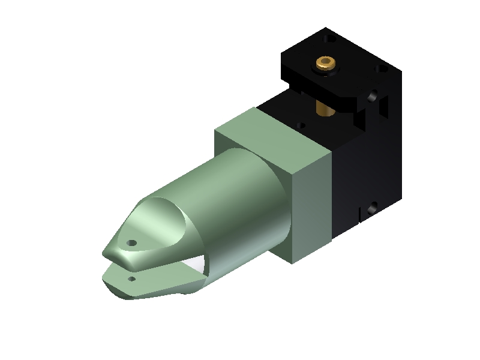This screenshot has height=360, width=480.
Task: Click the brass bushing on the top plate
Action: pyautogui.click(x=325, y=62)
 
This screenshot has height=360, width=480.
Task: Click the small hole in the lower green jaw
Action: pyautogui.click(x=131, y=278)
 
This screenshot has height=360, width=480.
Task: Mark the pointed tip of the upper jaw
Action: pyautogui.click(x=103, y=256)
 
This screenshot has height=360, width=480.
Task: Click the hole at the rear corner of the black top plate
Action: pyautogui.click(x=328, y=40)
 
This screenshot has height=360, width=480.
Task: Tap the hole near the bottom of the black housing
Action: pyautogui.click(x=373, y=208)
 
